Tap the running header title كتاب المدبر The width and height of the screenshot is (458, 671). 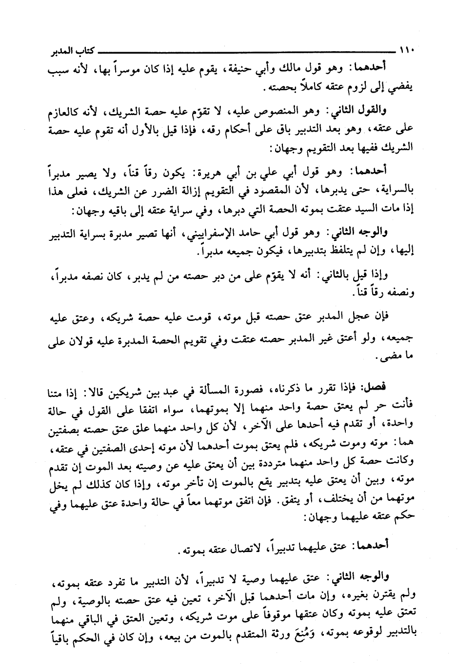tap(68, 50)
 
